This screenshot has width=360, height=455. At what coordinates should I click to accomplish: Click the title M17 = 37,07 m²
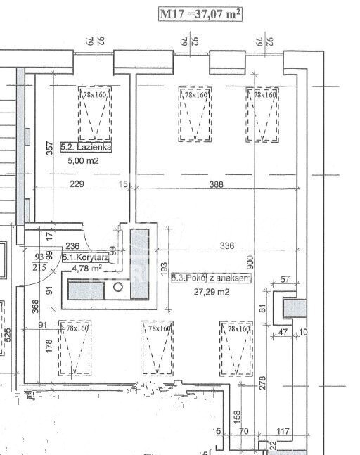click(200, 14)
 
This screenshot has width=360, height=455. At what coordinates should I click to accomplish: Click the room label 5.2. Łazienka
click(86, 148)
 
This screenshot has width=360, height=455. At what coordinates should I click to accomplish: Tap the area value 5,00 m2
click(83, 160)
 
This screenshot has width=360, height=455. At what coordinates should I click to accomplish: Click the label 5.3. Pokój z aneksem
click(210, 279)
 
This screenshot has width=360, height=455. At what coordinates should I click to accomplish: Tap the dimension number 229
click(77, 184)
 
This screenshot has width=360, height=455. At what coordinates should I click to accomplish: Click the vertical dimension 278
click(262, 384)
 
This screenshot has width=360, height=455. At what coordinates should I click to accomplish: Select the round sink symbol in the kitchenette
click(119, 287)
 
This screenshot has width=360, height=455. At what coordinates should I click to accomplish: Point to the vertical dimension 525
click(7, 336)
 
